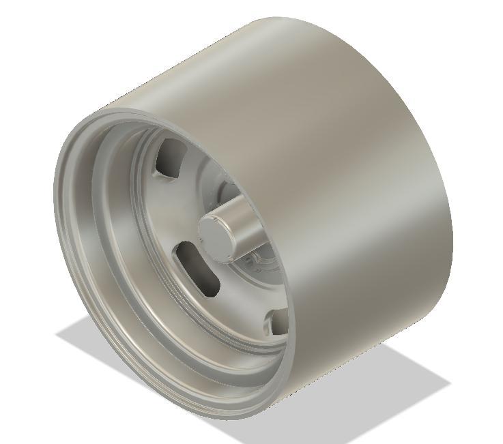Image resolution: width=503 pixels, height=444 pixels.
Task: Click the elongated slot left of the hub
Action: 198,268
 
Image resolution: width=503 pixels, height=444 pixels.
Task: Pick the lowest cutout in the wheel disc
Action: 278,321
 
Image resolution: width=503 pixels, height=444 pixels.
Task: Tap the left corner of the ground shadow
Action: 57,334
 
